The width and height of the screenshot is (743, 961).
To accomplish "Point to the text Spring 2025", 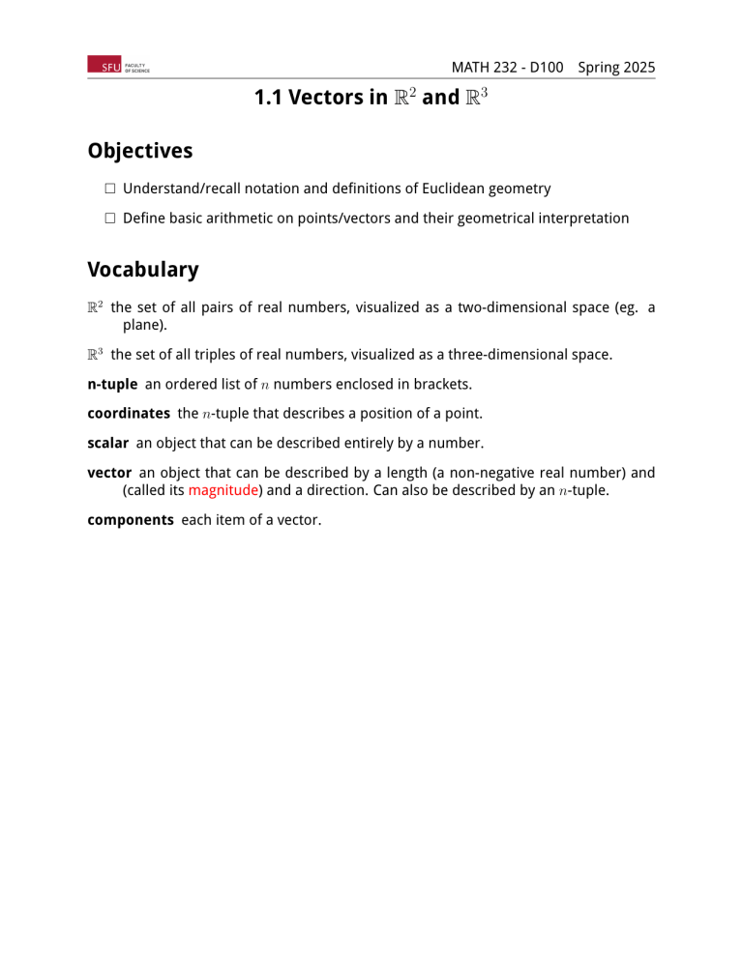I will (616, 68).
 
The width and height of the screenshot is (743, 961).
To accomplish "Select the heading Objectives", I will (139, 151).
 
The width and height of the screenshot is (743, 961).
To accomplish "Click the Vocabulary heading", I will (142, 270).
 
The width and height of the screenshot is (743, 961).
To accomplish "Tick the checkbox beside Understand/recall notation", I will (110, 189).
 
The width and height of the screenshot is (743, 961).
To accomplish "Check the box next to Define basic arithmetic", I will (110, 218).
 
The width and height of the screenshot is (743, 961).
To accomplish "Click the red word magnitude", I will (222, 489).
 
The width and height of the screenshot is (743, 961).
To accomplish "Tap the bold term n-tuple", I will (112, 384).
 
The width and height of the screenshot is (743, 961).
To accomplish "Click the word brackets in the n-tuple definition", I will (440, 384).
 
